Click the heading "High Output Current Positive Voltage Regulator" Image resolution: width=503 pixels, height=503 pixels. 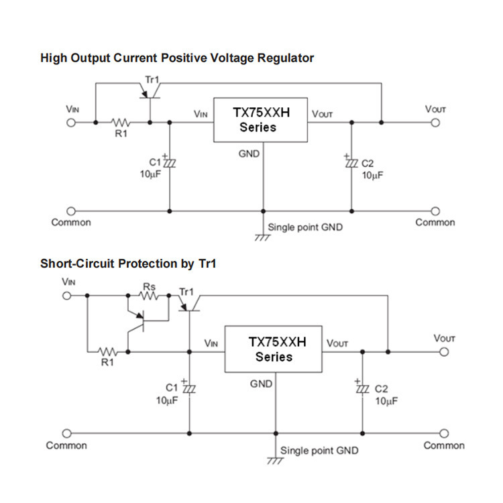(x=177, y=58)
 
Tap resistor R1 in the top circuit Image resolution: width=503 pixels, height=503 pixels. (x=121, y=123)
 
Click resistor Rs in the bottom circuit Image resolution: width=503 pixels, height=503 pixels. (x=149, y=294)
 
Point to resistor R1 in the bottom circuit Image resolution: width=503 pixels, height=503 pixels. (x=108, y=351)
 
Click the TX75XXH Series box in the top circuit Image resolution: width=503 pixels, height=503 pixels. (x=260, y=121)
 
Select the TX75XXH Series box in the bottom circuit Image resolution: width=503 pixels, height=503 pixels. (x=274, y=349)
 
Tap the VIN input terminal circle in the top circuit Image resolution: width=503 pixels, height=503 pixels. (x=70, y=123)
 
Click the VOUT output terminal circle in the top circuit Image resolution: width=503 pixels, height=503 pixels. (x=435, y=123)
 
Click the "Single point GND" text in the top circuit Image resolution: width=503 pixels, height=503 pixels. (x=305, y=227)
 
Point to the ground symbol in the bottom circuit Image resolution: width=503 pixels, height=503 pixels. (x=275, y=461)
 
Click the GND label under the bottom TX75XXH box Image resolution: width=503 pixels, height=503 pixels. (x=261, y=384)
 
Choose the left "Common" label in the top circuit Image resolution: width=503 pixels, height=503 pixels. (x=71, y=223)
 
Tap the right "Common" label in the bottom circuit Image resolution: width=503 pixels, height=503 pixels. (x=444, y=445)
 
